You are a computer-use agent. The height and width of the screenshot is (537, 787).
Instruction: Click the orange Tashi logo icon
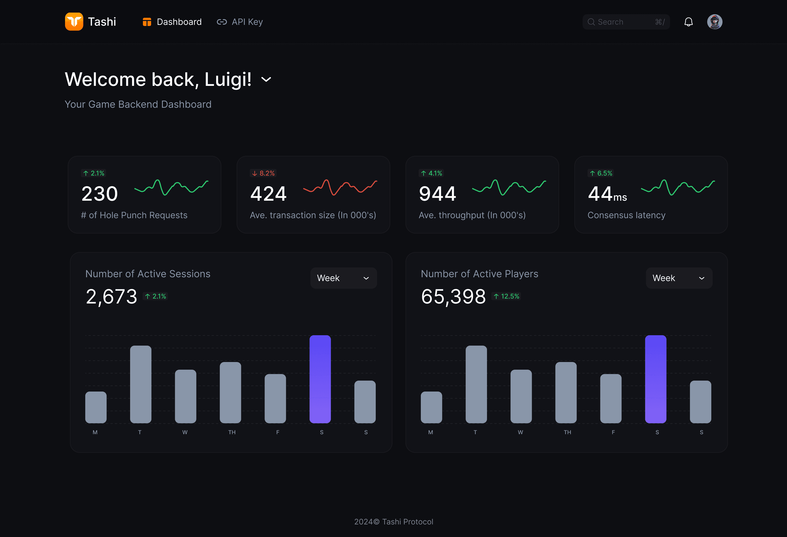tap(74, 22)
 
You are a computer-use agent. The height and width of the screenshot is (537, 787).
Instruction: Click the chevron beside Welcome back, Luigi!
tap(266, 80)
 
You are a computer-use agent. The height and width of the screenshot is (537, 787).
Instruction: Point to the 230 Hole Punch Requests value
tap(99, 194)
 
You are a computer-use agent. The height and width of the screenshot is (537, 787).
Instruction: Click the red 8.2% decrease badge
tap(263, 173)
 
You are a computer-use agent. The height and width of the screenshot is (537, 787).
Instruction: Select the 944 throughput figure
tap(437, 194)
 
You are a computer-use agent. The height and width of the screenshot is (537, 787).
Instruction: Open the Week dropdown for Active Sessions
tap(343, 278)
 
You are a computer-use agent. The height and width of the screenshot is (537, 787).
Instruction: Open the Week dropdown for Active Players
tap(679, 278)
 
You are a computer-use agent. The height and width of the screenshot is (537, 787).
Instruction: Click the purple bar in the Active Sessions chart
tap(320, 379)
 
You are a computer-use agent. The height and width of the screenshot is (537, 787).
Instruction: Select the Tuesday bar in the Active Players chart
tap(476, 384)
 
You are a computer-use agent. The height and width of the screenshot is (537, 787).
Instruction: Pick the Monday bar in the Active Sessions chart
tap(96, 407)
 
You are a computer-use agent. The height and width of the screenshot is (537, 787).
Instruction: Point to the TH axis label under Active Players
tap(568, 432)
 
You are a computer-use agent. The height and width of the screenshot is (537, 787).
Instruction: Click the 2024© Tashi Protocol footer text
tap(393, 522)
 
